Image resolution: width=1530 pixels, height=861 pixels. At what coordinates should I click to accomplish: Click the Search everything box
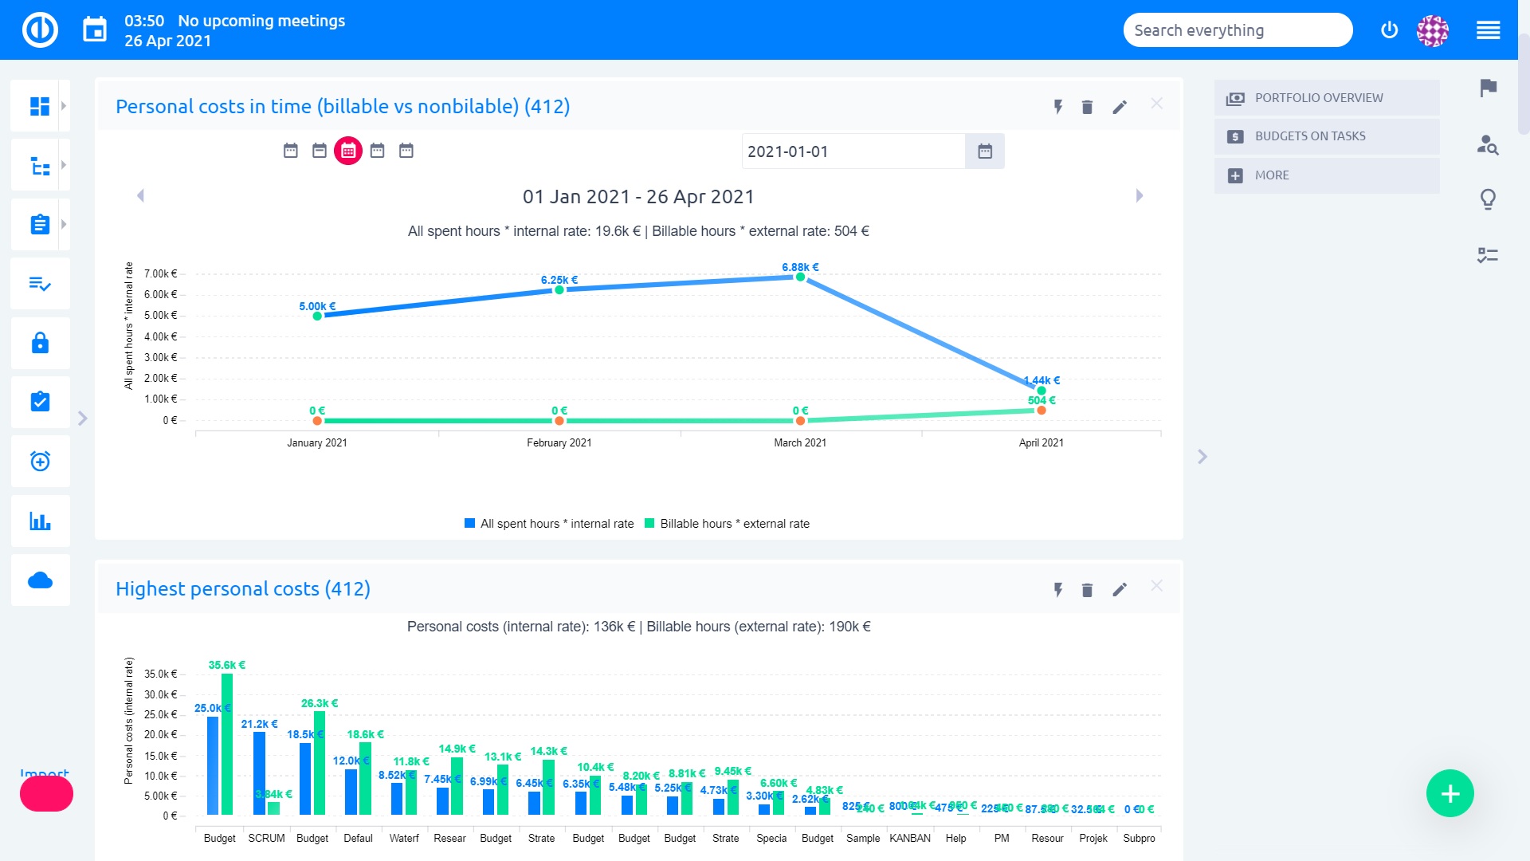click(x=1237, y=30)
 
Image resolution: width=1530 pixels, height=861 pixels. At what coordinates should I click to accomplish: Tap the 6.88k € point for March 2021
click(x=800, y=277)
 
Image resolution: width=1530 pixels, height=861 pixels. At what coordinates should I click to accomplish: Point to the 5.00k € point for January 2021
click(x=317, y=316)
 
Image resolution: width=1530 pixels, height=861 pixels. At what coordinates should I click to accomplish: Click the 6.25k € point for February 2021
click(x=559, y=290)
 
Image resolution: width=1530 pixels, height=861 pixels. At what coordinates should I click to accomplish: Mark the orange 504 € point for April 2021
click(x=1042, y=411)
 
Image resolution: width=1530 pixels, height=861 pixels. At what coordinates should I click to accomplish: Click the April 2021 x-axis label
click(x=1041, y=442)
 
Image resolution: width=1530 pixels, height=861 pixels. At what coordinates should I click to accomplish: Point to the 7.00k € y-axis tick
click(x=160, y=273)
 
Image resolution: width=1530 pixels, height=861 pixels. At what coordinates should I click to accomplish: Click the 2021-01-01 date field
click(x=853, y=151)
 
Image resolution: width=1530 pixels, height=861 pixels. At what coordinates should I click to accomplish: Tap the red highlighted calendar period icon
click(x=348, y=151)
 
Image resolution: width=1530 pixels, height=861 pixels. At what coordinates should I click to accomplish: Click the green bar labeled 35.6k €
click(x=227, y=743)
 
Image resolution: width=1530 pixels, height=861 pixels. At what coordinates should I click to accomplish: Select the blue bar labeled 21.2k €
click(x=259, y=773)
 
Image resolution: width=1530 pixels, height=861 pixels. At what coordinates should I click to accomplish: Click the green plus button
click(x=1450, y=793)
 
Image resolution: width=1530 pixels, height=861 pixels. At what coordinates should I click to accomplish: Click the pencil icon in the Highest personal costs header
click(x=1120, y=590)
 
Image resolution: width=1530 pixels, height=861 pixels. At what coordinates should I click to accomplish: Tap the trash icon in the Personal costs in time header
click(x=1087, y=107)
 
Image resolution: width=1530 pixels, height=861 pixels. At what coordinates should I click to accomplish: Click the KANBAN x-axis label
click(x=909, y=838)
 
